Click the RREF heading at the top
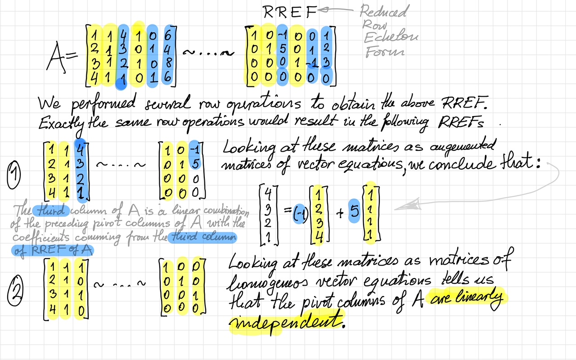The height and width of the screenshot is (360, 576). (290, 12)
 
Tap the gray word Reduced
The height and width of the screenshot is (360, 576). (383, 11)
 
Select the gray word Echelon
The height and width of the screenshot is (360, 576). (390, 37)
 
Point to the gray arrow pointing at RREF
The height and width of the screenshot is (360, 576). (337, 9)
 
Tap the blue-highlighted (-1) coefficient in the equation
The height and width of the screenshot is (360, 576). (297, 213)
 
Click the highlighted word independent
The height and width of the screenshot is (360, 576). (285, 321)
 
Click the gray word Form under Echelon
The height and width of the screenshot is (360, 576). (385, 52)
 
